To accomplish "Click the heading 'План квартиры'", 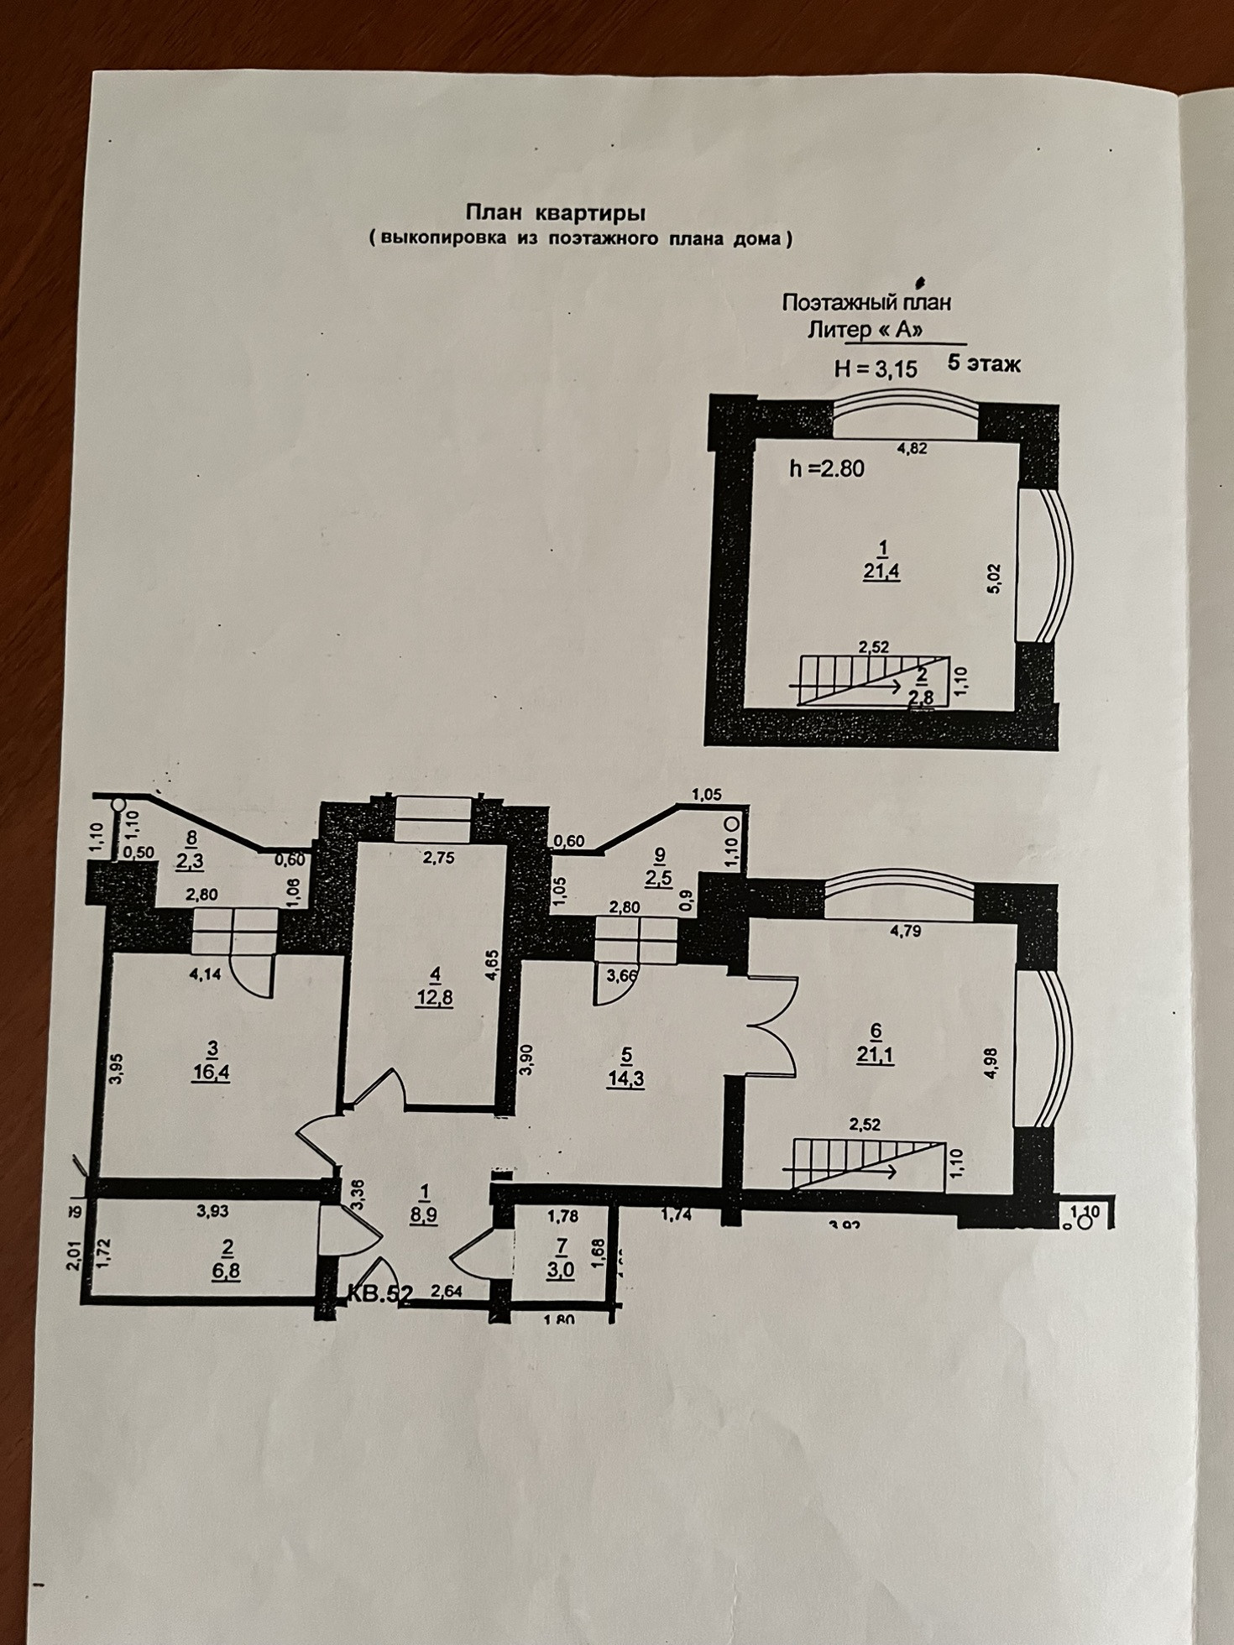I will coord(555,213).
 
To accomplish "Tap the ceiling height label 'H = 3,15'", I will coord(876,368).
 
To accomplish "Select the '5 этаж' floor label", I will coord(984,364).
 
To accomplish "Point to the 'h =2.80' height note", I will coord(827,468).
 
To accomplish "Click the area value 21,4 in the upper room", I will coord(881,572).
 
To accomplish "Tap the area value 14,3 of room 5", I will coord(626,1078).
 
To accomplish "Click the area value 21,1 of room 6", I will coord(875,1055).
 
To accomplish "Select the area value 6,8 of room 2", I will coord(226,1271).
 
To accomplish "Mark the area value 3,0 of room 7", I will coord(560,1270).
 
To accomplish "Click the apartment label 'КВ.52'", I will coord(380,1293).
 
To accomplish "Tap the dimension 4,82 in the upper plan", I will coord(912,448).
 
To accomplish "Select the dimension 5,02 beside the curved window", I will coord(994,578).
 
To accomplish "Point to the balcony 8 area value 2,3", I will coord(191,860).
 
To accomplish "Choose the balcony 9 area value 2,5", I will coord(659,879).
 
